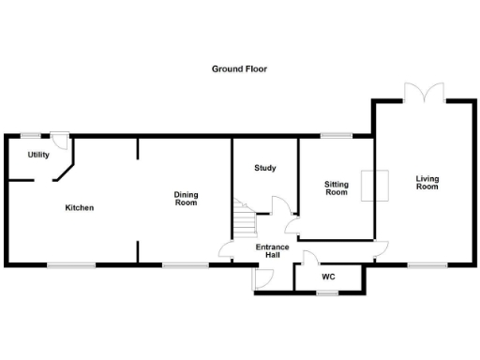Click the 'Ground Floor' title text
pos(239,68)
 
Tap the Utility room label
pos(38,155)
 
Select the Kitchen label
pos(79,207)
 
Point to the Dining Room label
pos(186,199)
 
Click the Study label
pos(265,168)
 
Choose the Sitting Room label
pos(336,188)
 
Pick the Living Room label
pos(427,182)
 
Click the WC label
pos(328,277)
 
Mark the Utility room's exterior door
pos(60,139)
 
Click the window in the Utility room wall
pos(30,135)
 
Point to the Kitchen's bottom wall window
pos(71,265)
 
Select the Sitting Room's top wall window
pos(336,136)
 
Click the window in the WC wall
pos(327,293)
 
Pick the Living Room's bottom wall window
pos(419,265)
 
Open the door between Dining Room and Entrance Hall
pos(226,251)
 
